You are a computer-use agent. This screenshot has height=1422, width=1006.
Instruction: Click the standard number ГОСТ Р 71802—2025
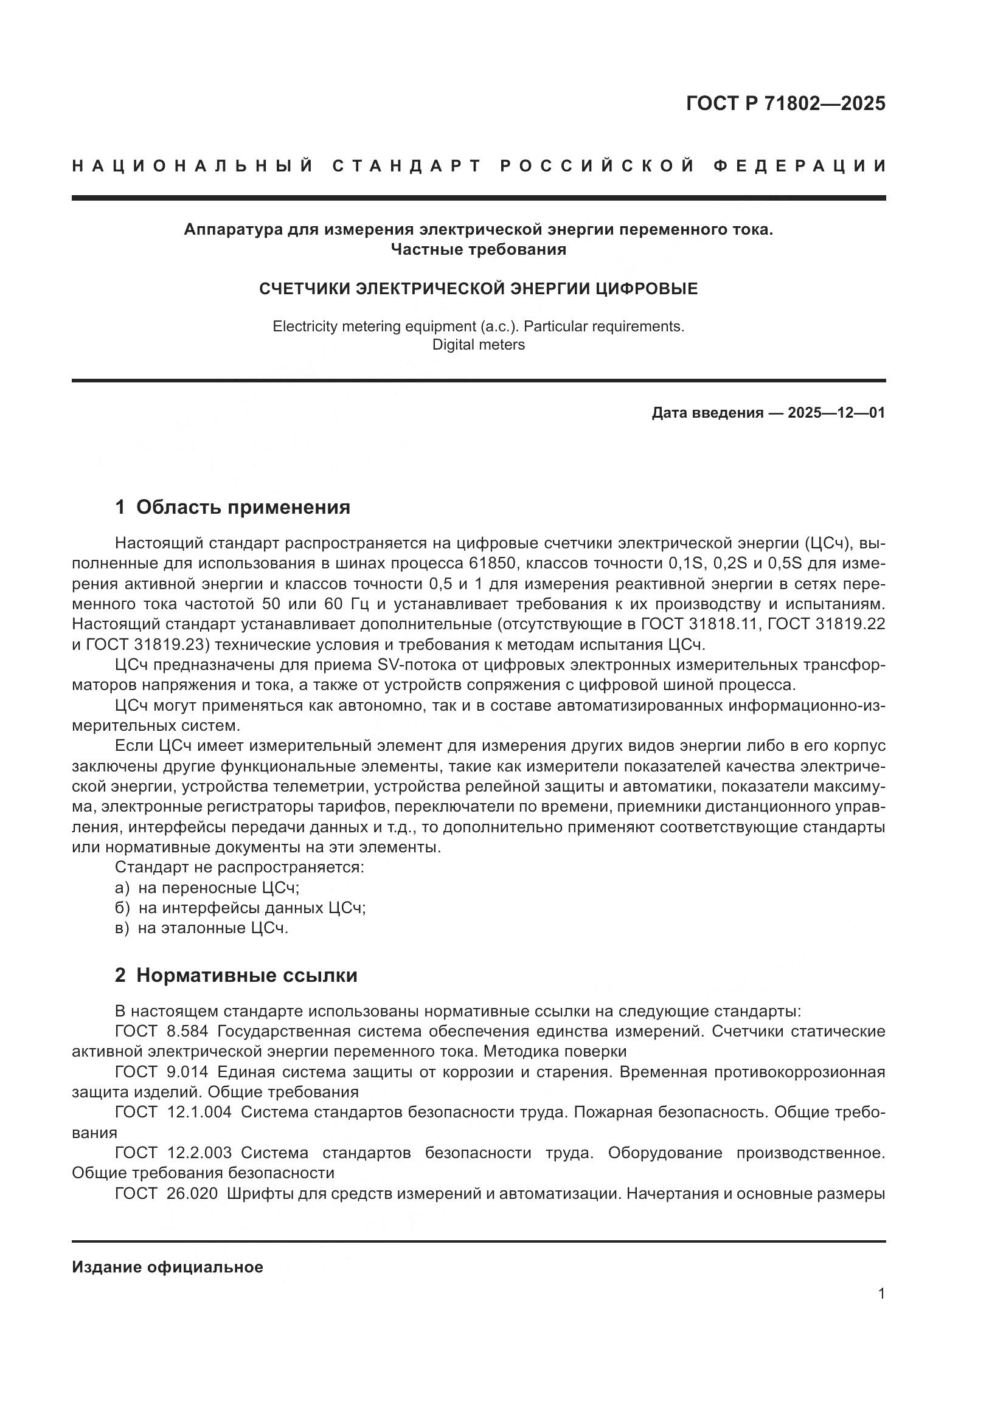(785, 103)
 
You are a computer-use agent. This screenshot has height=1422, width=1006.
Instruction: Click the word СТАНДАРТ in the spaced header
(406, 166)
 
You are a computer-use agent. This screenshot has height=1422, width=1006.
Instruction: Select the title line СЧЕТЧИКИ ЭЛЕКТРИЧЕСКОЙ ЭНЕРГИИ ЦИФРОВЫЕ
(478, 289)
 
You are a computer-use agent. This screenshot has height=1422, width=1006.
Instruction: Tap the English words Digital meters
(478, 345)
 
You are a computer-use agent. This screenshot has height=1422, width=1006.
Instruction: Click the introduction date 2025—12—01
(836, 412)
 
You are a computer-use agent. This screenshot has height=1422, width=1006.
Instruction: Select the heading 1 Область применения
(232, 507)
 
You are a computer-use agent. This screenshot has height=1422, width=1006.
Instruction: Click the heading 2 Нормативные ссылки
(236, 975)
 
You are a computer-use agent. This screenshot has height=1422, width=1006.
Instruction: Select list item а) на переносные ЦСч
(207, 888)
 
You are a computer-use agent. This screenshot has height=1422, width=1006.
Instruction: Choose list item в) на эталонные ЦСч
(201, 928)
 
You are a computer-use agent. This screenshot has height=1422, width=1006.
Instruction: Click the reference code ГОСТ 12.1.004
(173, 1113)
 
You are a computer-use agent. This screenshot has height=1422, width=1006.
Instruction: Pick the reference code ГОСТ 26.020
(166, 1193)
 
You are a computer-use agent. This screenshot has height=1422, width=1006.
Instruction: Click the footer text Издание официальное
(167, 1266)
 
